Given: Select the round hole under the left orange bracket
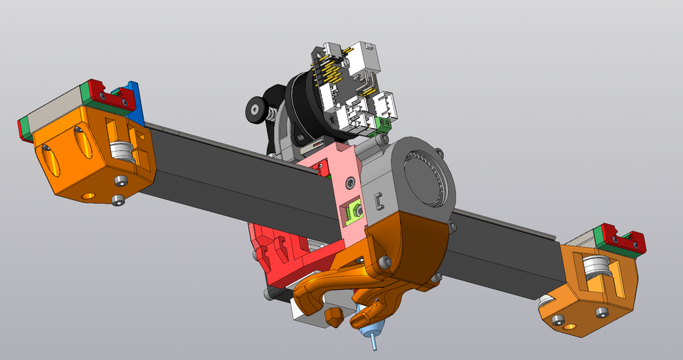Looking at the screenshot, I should tap(89, 194).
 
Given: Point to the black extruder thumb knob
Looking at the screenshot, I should tap(255, 110).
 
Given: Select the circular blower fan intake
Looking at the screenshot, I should tap(424, 177).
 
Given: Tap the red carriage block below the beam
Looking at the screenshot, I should tap(274, 256).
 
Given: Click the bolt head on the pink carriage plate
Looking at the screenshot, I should tap(349, 183).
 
